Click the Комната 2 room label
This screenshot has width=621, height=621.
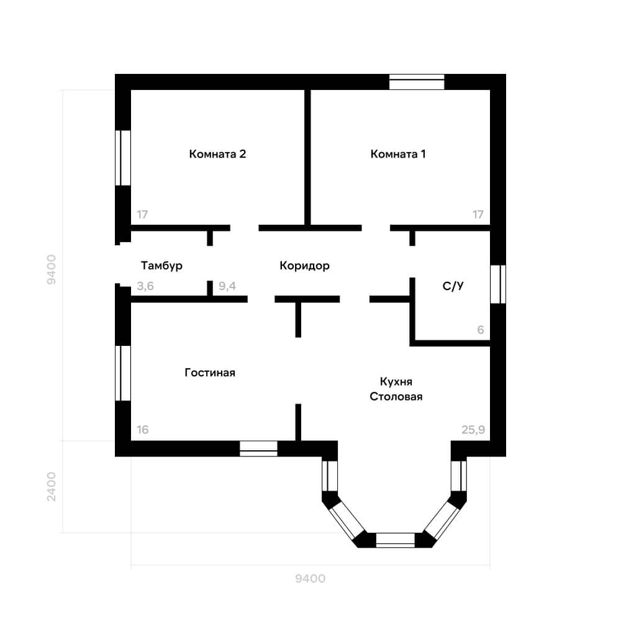tap(217, 153)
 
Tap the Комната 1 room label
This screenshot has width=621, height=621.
tap(398, 153)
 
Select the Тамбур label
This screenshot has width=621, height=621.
tap(161, 265)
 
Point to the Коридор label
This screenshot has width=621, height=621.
tap(304, 265)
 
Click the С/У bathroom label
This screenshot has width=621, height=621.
tap(453, 286)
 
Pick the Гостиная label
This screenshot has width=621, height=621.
tap(210, 372)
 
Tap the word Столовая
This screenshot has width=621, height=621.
tap(396, 396)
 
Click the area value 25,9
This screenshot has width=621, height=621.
tap(473, 430)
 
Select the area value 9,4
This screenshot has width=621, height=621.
tap(227, 286)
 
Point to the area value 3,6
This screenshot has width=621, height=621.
tap(145, 286)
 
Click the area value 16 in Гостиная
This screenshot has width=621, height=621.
tap(143, 430)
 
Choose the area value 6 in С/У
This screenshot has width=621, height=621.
tap(481, 330)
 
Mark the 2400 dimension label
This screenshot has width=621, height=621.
tap(52, 486)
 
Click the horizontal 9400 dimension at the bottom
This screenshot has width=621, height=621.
tap(310, 579)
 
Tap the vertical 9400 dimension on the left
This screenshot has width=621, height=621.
tap(52, 270)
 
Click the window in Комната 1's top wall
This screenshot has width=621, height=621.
tap(417, 82)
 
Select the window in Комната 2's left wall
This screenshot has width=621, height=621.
tap(123, 158)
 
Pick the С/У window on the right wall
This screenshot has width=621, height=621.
tap(498, 284)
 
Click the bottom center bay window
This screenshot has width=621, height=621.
tap(395, 540)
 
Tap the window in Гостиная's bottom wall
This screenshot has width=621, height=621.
tap(258, 449)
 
